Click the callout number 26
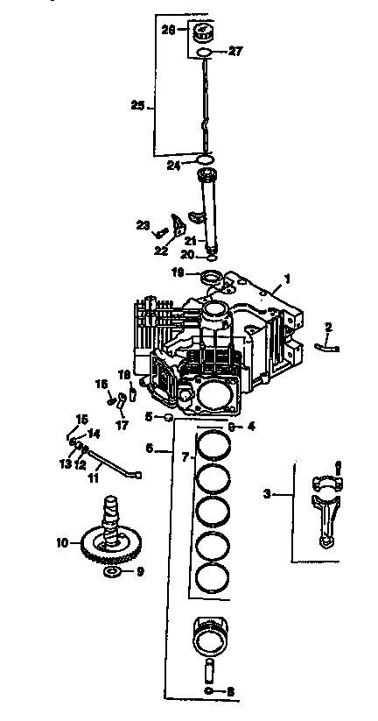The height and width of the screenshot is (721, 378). click(170, 29)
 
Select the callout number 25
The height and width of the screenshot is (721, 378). click(137, 106)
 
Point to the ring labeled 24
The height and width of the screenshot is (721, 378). click(205, 159)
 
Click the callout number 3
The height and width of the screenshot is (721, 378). click(267, 494)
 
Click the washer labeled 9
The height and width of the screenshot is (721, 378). click(112, 572)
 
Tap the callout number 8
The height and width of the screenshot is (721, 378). click(230, 691)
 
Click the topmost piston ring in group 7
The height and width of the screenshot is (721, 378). click(210, 444)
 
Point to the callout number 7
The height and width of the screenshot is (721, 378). click(184, 457)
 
